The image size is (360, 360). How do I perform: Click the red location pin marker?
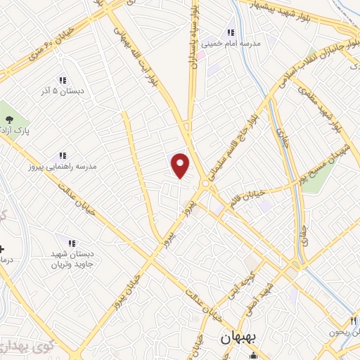pyautogui.click(x=181, y=165)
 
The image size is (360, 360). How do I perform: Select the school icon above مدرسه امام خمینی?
pyautogui.click(x=230, y=32)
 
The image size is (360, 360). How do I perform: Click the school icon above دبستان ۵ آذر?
pyautogui.click(x=62, y=80)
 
